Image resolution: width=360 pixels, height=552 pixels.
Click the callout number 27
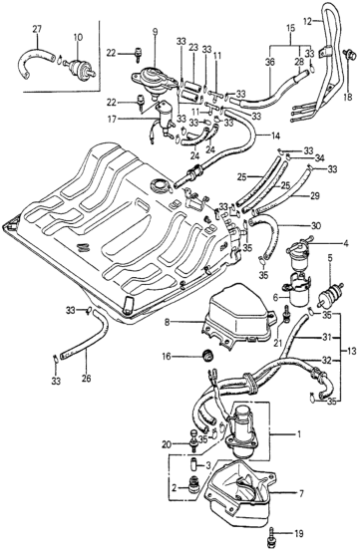click(37, 29)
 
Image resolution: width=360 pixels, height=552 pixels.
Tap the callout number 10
click(79, 36)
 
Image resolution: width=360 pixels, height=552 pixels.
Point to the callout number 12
click(307, 22)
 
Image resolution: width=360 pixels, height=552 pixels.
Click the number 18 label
click(347, 98)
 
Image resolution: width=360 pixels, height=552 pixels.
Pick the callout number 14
click(275, 135)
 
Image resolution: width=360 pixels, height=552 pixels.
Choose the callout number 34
click(320, 157)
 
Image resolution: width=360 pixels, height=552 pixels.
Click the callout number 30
click(316, 225)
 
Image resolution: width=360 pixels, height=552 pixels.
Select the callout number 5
click(330, 258)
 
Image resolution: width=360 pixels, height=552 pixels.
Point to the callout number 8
click(167, 321)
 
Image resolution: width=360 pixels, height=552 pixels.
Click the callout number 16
click(167, 357)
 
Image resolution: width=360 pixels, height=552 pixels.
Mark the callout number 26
click(87, 379)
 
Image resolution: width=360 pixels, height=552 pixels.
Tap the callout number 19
click(298, 534)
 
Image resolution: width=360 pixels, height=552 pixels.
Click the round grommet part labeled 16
click(208, 356)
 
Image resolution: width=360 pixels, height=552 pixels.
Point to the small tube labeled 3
click(194, 465)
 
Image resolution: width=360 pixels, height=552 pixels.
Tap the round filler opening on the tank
click(160, 184)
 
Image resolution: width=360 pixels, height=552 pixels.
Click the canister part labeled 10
click(79, 66)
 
